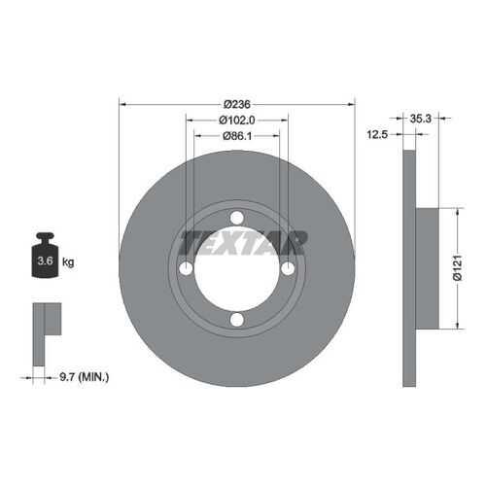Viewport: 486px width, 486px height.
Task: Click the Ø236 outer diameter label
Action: tap(237, 104)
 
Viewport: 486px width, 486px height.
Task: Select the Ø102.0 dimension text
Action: tap(237, 121)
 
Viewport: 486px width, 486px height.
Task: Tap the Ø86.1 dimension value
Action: tap(237, 136)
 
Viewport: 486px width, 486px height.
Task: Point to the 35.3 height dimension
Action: tap(421, 119)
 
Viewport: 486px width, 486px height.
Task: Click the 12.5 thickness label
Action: tap(377, 134)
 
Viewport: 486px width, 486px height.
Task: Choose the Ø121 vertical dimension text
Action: tap(457, 267)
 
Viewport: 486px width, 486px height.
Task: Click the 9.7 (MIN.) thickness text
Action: tap(85, 377)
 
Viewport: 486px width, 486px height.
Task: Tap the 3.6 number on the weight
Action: tap(45, 260)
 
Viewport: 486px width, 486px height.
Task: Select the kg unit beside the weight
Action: tap(68, 261)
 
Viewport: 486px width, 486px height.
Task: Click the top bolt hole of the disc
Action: tap(237, 218)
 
